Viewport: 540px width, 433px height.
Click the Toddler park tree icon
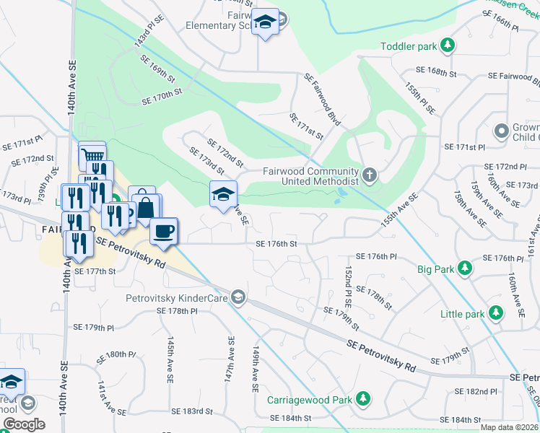point(448,46)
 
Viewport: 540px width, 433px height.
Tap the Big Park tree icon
point(466,269)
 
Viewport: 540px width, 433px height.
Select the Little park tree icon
point(495,313)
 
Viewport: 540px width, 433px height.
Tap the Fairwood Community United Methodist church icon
point(370,174)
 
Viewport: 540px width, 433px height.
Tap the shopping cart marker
point(92,154)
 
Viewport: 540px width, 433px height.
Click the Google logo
point(24,424)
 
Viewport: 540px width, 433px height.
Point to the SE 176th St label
point(276,244)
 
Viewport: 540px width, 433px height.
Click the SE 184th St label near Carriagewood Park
point(290,418)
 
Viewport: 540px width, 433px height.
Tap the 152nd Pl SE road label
point(348,284)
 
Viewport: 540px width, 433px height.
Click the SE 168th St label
point(437,73)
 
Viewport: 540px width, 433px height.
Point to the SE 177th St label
point(95,271)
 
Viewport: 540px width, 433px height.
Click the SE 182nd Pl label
point(476,391)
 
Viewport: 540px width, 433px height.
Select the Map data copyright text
point(510,427)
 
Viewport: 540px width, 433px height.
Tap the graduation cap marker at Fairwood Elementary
point(265,23)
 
